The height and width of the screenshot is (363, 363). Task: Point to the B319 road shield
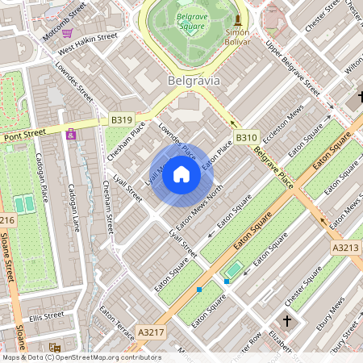[x=121, y=120]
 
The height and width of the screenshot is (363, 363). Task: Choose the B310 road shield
[x=246, y=138]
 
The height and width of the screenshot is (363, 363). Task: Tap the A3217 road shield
[x=150, y=332]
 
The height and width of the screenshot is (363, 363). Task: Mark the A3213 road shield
[x=345, y=248]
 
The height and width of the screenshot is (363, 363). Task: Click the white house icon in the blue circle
[x=181, y=174]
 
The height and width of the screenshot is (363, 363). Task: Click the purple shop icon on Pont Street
[x=71, y=134]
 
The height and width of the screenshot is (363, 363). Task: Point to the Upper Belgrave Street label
[x=288, y=70]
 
